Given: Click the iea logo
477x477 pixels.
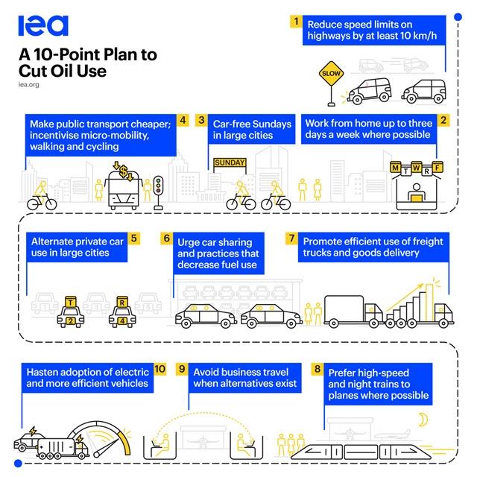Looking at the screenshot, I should pos(42,25).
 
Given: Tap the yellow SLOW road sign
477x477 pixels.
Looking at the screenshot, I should pos(330,74).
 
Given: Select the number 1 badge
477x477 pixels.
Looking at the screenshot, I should pos(297,22).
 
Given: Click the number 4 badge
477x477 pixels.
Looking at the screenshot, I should pos(183,119).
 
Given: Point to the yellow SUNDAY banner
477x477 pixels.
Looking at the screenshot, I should pos(230,162).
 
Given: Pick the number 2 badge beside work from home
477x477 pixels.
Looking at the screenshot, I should pos(443,119).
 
